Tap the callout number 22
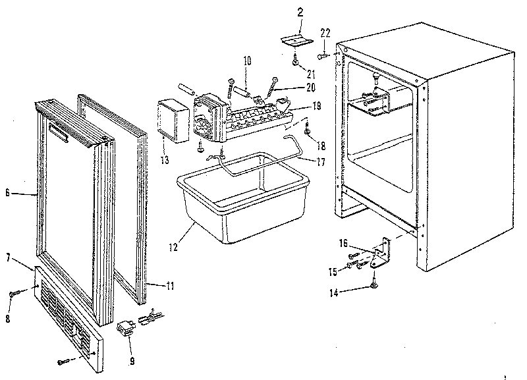tap(325, 34)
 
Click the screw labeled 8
tap(13, 295)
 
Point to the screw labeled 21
tap(296, 61)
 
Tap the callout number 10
tap(247, 61)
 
